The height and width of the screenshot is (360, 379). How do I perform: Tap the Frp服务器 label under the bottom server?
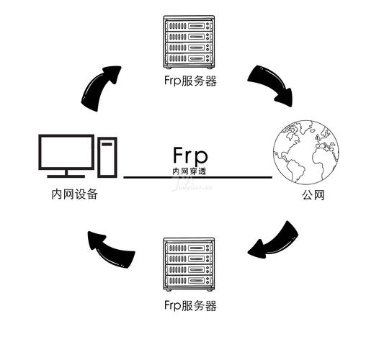point(189,305)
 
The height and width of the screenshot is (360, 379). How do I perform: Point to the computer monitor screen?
point(66,152)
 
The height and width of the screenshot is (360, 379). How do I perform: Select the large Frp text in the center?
point(190,155)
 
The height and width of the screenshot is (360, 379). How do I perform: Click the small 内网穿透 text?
point(190,171)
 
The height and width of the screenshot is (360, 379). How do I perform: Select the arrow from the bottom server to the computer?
point(111,248)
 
